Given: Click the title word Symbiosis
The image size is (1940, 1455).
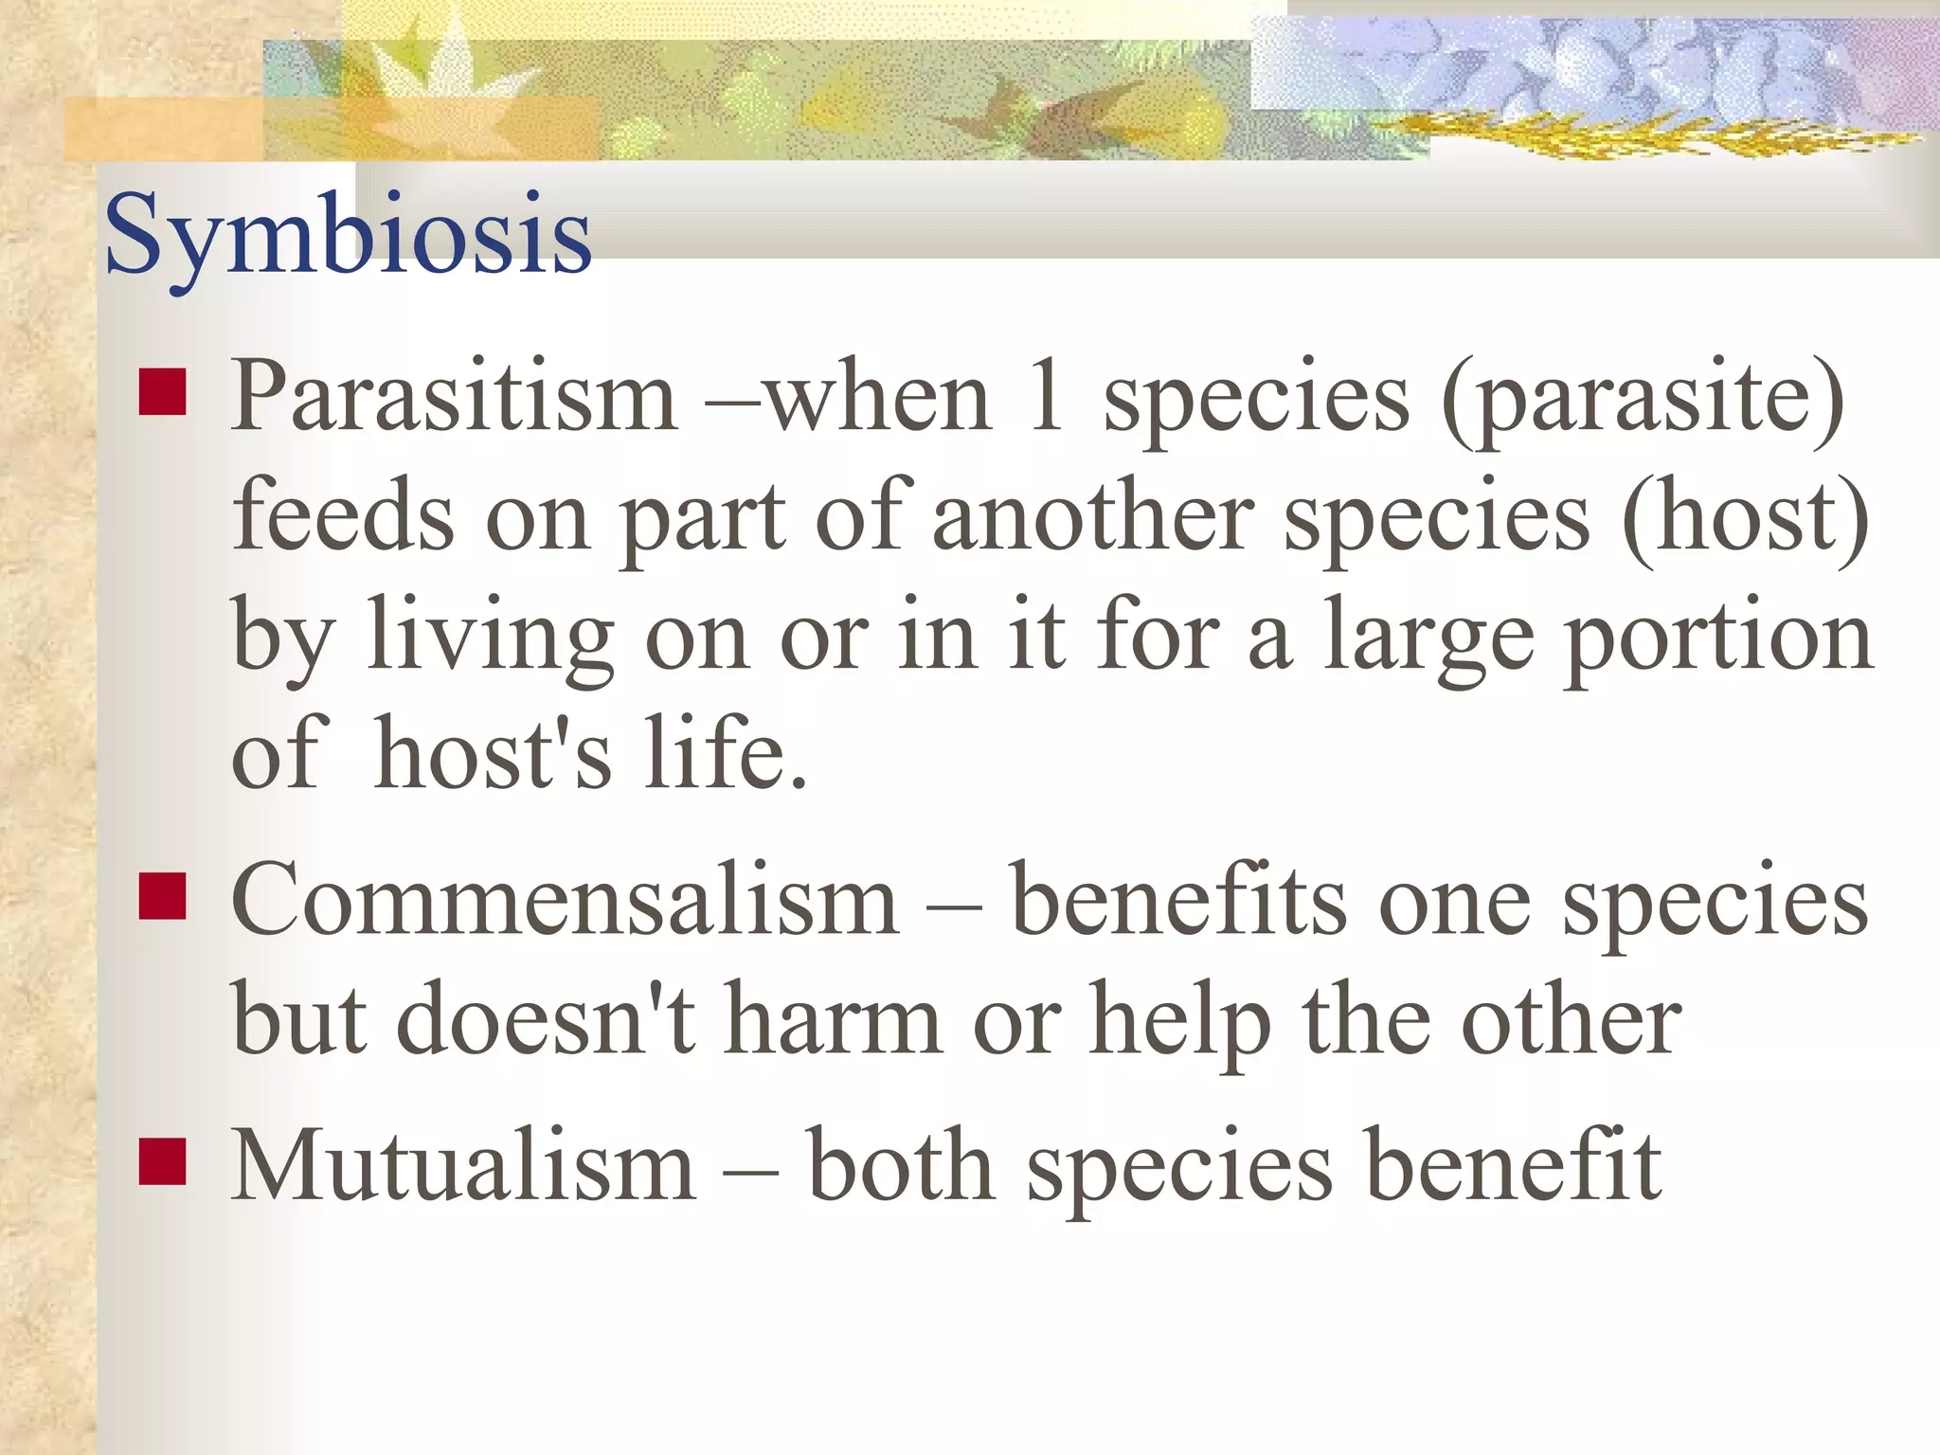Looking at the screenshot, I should (348, 234).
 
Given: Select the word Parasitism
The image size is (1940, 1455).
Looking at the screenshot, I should (454, 397).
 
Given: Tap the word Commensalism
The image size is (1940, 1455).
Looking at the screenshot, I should (565, 901).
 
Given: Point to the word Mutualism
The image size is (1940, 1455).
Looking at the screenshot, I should (463, 1166).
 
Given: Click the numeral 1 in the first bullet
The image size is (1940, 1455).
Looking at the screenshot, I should (1045, 395).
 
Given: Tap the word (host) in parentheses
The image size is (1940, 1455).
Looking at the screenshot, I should (1745, 519).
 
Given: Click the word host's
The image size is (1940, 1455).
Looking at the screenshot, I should (492, 752).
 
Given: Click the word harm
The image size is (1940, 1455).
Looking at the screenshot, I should (834, 1019).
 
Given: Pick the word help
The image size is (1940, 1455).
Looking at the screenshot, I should (1180, 1023).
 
